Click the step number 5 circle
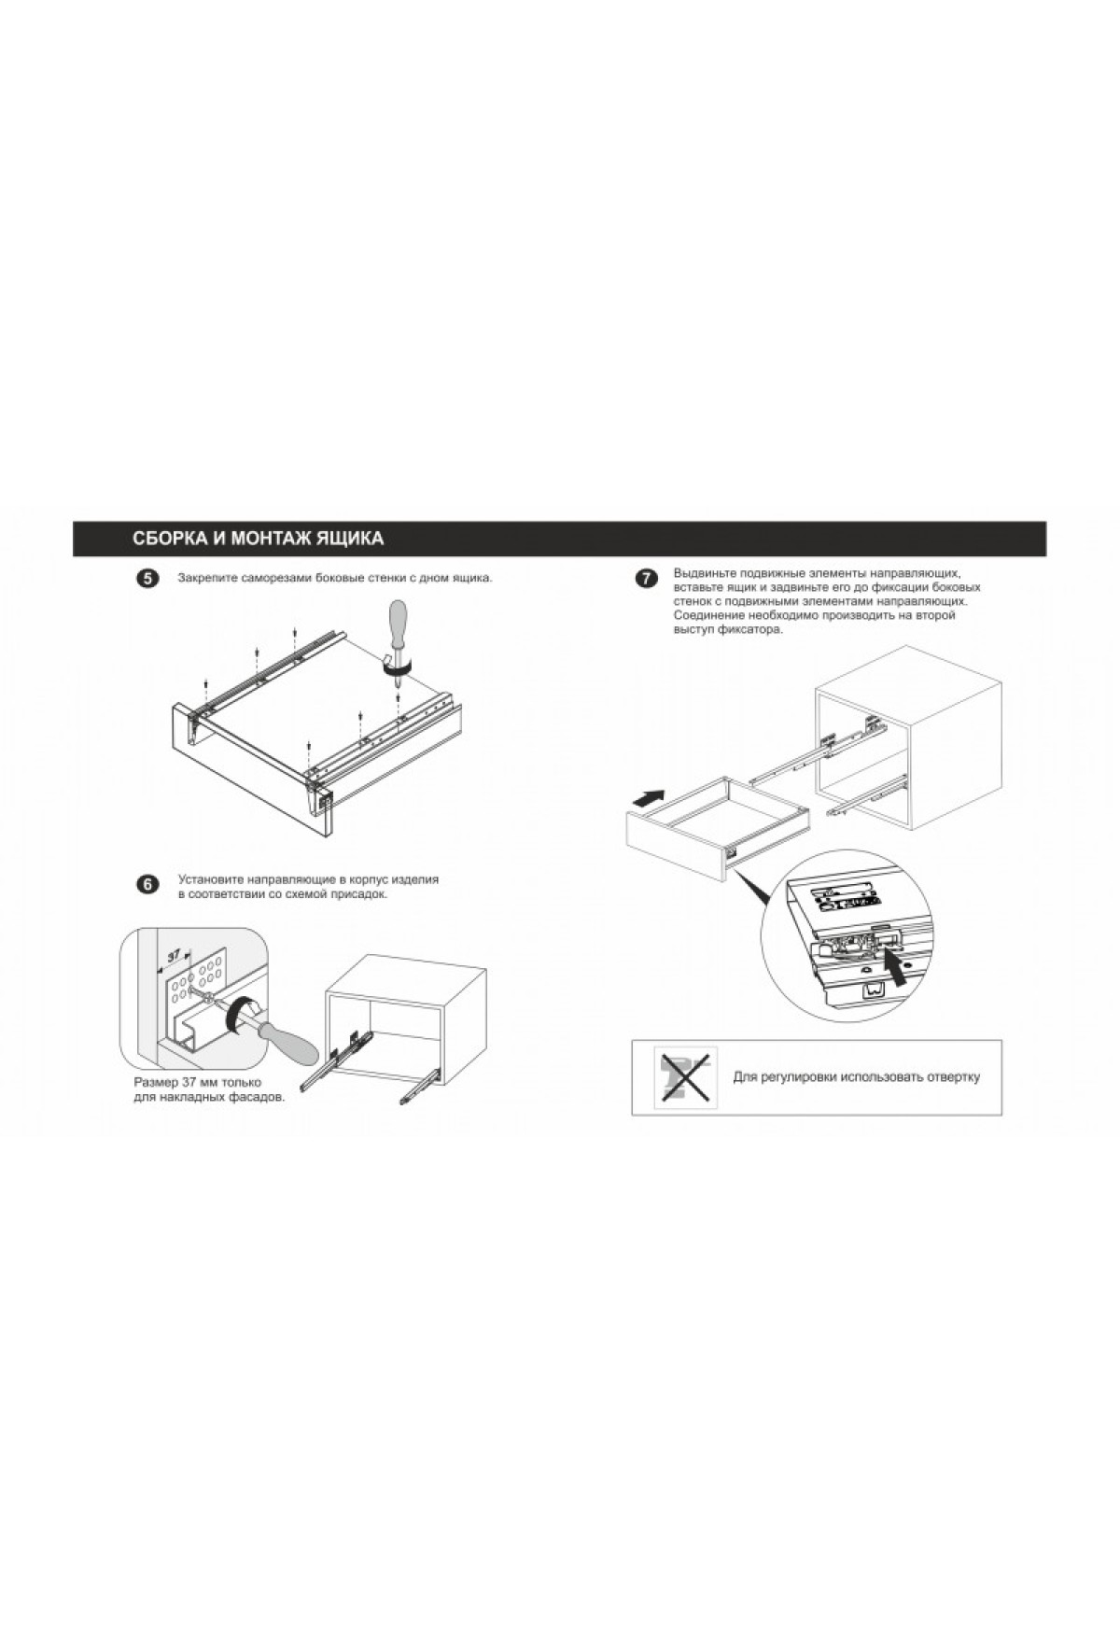(x=147, y=579)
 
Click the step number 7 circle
(x=645, y=579)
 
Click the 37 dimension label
(x=175, y=956)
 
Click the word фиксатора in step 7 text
(x=750, y=629)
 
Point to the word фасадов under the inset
(x=257, y=1098)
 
